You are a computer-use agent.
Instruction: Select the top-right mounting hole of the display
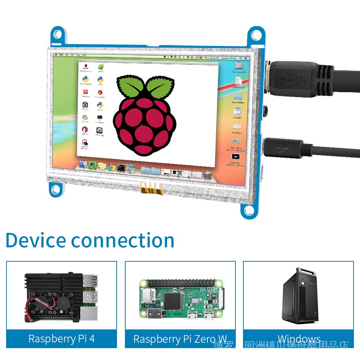point(256,35)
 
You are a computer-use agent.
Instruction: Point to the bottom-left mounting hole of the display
point(55,190)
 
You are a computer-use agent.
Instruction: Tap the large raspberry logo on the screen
point(145,115)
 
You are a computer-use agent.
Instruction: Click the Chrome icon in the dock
point(112,167)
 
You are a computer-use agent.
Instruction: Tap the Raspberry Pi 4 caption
point(62,339)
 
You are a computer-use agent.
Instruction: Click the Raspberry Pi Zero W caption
point(180,339)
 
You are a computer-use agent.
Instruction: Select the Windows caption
point(299,339)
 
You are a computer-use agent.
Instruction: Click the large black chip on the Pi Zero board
point(175,300)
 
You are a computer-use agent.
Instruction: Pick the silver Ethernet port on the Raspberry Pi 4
point(89,314)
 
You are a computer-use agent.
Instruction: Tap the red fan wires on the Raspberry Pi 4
point(40,306)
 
